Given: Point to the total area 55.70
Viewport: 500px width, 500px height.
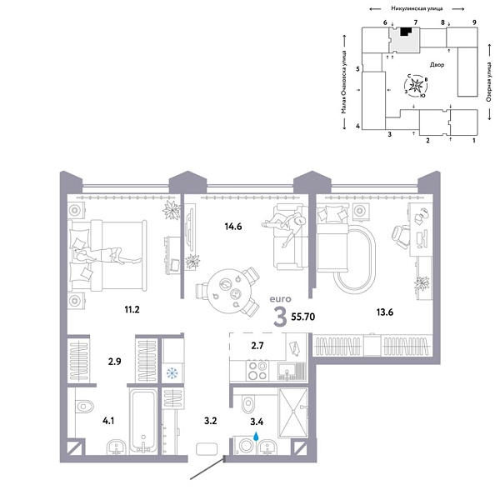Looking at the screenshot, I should tap(307, 317).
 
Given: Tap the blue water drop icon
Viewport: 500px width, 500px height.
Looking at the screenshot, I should tap(257, 434).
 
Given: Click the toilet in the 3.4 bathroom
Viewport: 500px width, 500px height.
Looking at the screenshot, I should tap(247, 405).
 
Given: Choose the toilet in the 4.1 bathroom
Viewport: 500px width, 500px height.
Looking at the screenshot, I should tap(84, 407).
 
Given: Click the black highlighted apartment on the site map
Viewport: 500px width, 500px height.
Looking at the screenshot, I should tap(405, 32).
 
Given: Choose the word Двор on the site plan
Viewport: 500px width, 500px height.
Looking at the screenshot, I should tap(437, 64).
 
